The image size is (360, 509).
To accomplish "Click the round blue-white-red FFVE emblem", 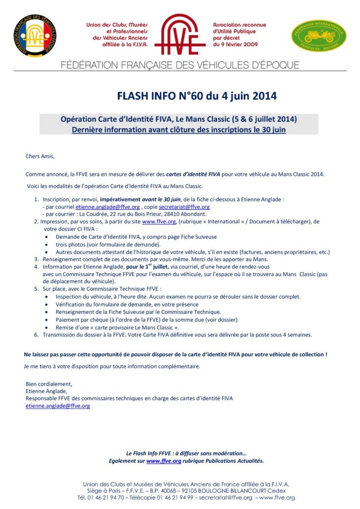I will coord(35,35).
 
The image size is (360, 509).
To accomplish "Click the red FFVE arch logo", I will coord(180,34).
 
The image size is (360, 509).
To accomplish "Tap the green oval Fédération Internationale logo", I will coord(318,36).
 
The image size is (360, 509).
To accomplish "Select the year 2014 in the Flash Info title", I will coord(260,95).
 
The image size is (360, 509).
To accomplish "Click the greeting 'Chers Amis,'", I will coord(40,156).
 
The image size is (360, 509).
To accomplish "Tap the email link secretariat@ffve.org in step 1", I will coord(184,207).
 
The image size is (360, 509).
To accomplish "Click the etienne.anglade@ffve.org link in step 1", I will coord(108,207).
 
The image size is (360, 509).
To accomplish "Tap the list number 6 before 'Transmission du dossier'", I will coord(36,335).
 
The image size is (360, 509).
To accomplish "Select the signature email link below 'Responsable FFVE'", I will coord(58,406).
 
